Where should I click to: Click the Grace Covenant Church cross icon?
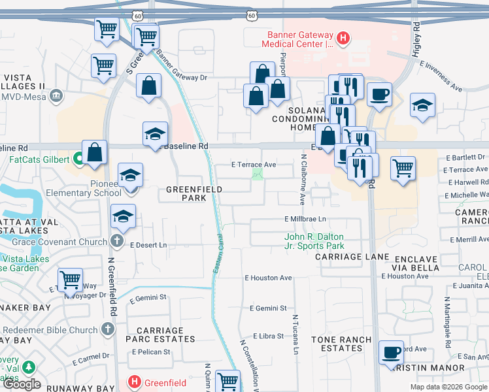[x=117, y=242]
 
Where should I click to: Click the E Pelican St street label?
[x=151, y=352]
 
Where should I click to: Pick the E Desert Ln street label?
[x=148, y=245]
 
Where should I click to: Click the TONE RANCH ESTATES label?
[x=341, y=344]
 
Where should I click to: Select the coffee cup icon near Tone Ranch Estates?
[x=392, y=352]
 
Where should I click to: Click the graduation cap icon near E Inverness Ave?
[x=423, y=105]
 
